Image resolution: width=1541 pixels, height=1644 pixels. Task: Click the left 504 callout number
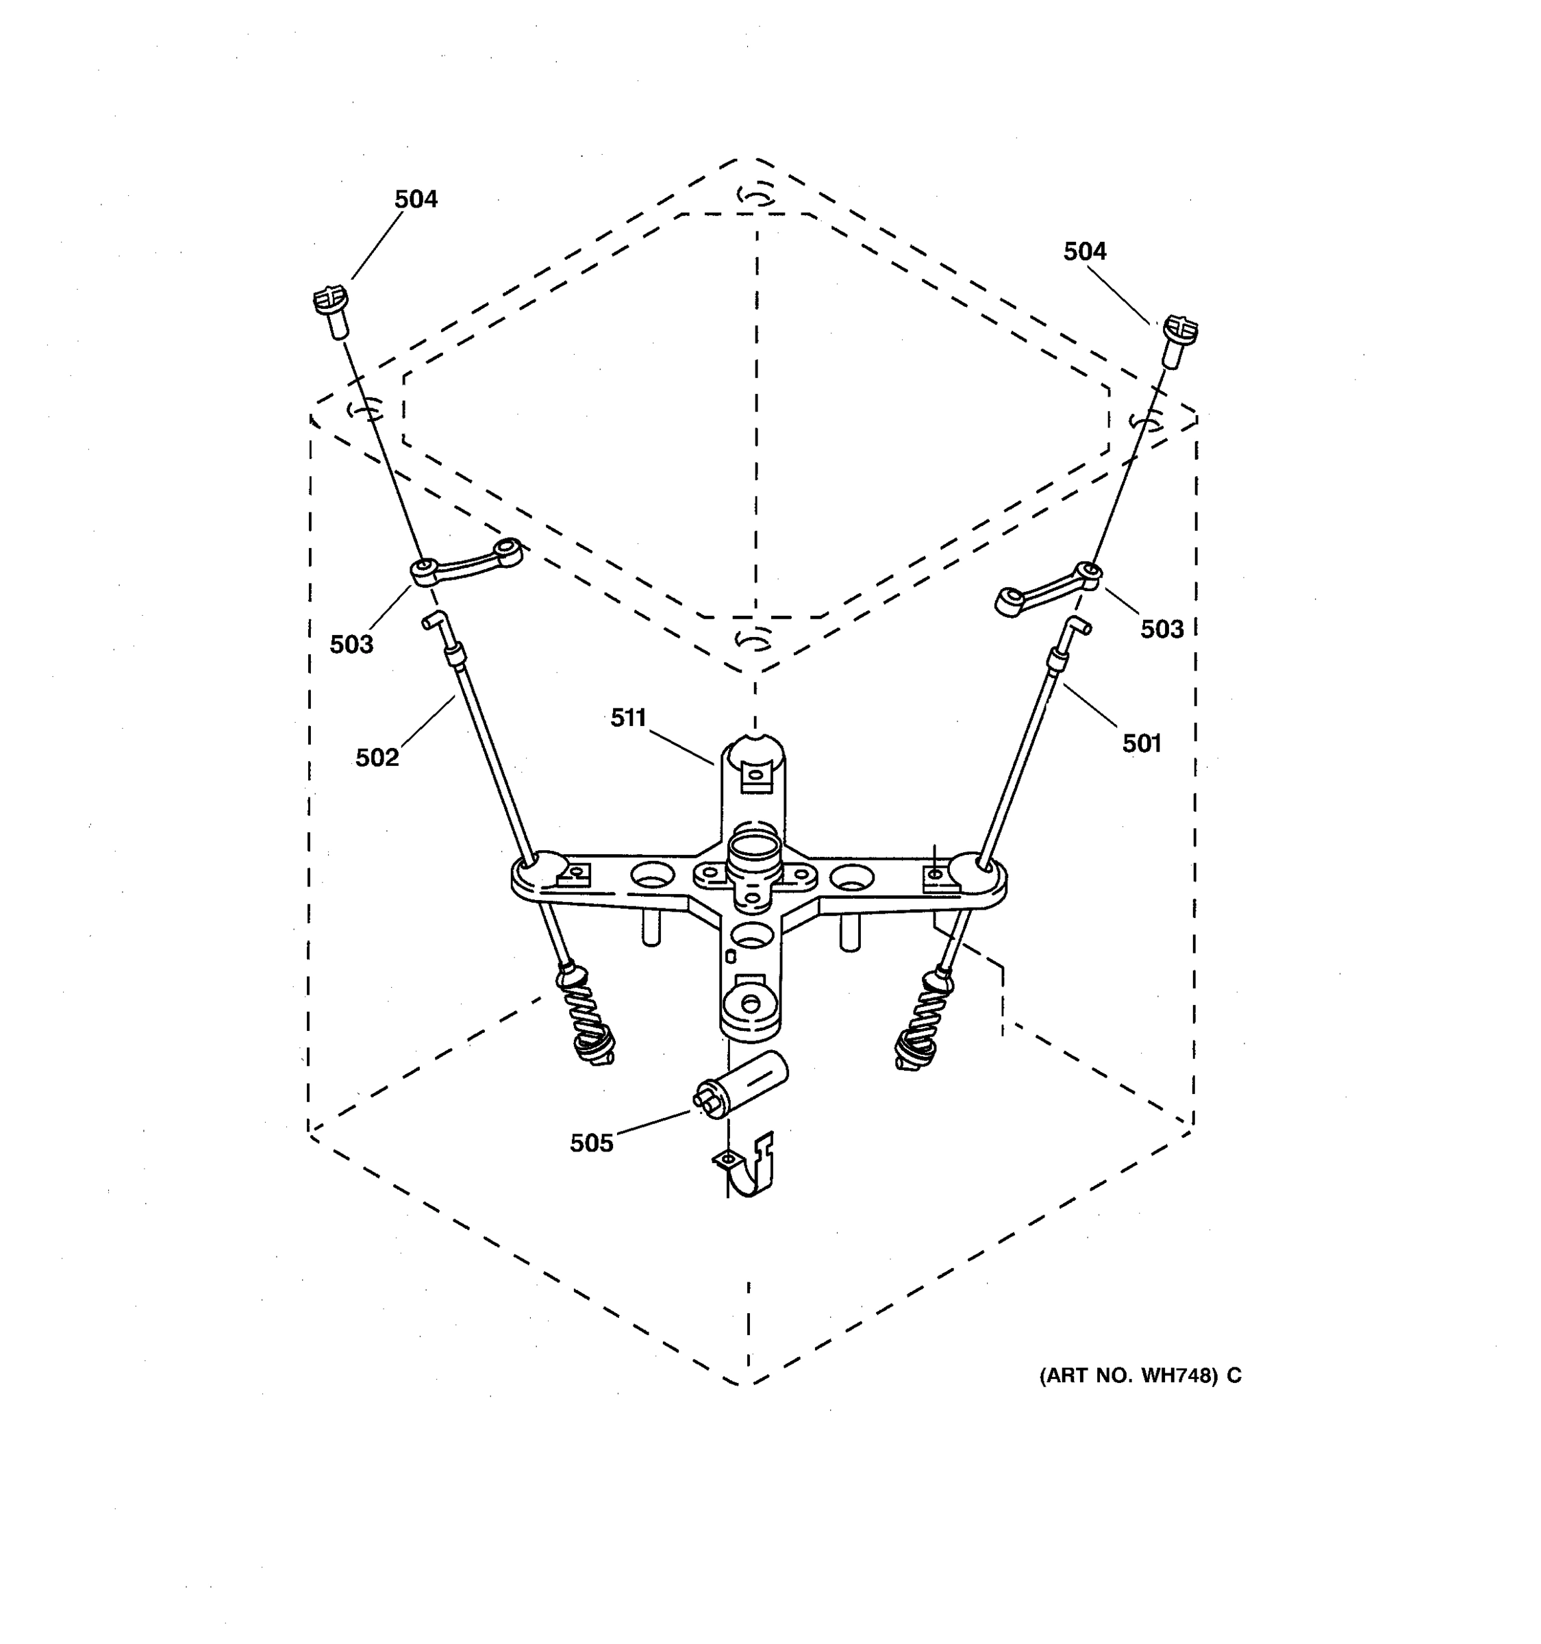415,199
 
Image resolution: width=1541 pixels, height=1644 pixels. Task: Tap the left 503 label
351,644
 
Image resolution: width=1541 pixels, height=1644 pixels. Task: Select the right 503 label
1162,630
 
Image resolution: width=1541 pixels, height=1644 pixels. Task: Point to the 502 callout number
377,758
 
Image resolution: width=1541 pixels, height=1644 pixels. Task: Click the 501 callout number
1141,743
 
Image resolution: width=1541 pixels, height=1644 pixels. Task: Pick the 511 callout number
628,718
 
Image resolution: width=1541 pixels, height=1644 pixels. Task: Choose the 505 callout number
591,1143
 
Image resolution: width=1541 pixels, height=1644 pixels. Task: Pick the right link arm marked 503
1049,588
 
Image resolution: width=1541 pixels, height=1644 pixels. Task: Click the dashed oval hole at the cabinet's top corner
755,195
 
